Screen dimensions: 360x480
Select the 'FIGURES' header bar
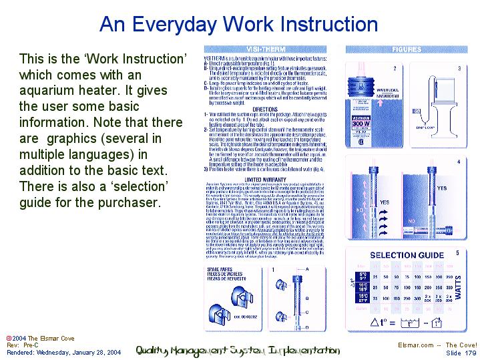[407, 49]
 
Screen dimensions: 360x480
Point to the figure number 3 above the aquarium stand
[459, 68]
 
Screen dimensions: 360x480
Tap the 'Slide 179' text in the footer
[462, 353]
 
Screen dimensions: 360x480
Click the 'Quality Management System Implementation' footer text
[238, 349]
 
